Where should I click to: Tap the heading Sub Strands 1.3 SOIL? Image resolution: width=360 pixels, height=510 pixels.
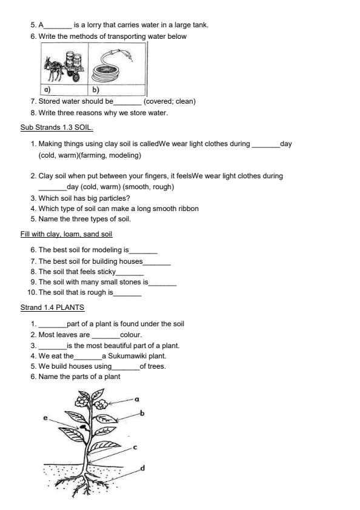click(x=56, y=128)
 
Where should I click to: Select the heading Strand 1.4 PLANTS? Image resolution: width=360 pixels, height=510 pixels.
click(x=52, y=307)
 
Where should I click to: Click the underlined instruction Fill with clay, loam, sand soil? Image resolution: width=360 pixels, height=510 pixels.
click(x=66, y=233)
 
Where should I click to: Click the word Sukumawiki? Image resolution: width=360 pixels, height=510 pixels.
click(x=127, y=356)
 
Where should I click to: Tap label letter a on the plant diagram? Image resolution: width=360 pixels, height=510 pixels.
click(x=137, y=399)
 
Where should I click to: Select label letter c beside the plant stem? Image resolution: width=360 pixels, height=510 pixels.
click(x=135, y=447)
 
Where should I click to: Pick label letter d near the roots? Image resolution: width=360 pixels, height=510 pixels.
click(x=142, y=468)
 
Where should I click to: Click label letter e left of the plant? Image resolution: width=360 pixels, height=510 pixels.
click(x=45, y=418)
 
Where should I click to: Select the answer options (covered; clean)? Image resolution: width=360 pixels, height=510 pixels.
click(x=169, y=101)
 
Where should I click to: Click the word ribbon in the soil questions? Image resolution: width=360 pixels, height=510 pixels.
click(x=187, y=209)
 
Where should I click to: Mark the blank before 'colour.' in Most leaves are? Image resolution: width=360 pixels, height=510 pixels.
click(x=106, y=335)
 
